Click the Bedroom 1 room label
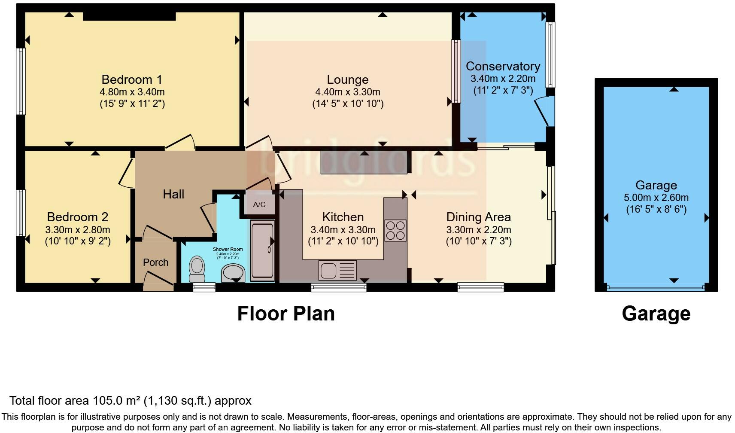(132, 79)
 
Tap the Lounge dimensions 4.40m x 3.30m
(347, 92)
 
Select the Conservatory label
(503, 66)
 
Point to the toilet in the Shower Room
(197, 266)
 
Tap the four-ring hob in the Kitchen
(395, 230)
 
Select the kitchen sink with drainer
(337, 271)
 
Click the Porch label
(155, 262)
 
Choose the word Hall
(173, 194)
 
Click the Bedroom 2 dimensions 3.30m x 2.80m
(78, 230)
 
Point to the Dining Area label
(478, 217)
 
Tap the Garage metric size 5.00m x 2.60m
(656, 198)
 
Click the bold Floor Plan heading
(286, 314)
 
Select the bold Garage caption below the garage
(656, 314)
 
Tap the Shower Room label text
(228, 249)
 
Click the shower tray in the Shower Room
(262, 250)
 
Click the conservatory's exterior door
(544, 112)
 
